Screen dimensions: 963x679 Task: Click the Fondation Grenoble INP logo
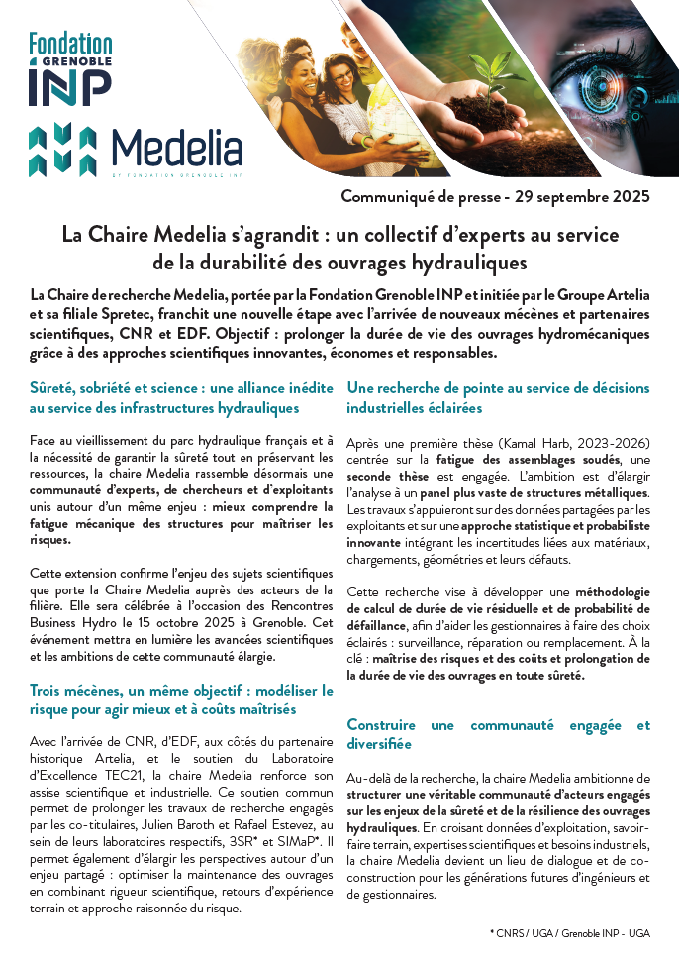[x=69, y=67]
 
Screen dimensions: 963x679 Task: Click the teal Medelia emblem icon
[x=62, y=149]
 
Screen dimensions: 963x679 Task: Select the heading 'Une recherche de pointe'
[x=498, y=397]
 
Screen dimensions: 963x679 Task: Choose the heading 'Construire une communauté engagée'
[x=498, y=734]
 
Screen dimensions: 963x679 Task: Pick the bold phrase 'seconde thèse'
[x=381, y=476]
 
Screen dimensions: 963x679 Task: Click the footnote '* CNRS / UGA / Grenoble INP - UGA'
[x=569, y=932]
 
